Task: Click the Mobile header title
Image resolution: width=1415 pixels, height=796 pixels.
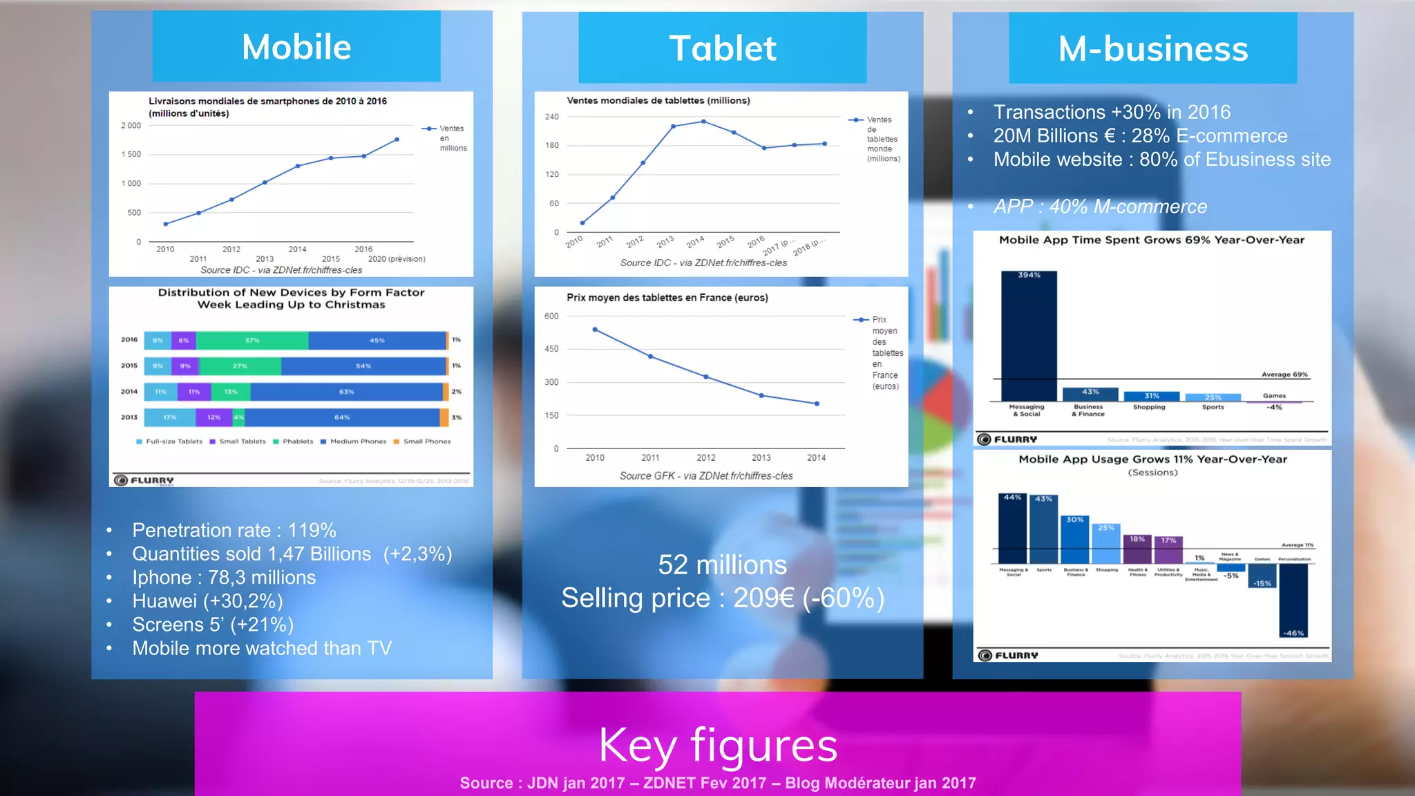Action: tap(296, 47)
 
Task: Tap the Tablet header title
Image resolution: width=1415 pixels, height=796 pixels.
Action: tap(722, 48)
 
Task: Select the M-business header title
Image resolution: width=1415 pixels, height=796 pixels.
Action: tap(1152, 49)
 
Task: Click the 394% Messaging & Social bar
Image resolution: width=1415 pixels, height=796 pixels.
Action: tap(1029, 335)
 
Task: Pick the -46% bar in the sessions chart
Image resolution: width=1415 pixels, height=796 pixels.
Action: tap(1293, 600)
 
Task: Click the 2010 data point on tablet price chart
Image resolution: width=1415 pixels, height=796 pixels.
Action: tap(595, 330)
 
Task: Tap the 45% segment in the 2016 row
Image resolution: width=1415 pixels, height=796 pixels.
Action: tap(377, 340)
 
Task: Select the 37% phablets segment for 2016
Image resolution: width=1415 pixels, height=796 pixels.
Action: tap(252, 340)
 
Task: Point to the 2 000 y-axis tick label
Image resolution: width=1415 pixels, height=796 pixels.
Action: tap(131, 126)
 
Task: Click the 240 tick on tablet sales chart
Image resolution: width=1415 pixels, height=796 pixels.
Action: tap(551, 117)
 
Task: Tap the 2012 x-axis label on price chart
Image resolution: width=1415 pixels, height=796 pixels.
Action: tap(705, 457)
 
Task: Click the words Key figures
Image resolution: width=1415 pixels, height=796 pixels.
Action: tap(718, 745)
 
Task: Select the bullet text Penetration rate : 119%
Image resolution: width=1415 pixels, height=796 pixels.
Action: tap(234, 530)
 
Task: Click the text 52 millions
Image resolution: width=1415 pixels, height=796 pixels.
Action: tap(722, 565)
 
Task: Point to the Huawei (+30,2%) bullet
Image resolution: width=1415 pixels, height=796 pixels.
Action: tap(207, 601)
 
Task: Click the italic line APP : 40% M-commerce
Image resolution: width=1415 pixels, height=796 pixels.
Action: tap(1100, 206)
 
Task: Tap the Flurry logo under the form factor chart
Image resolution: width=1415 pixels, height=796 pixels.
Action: tap(144, 480)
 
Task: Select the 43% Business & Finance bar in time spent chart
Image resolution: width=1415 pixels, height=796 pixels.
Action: tap(1090, 394)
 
